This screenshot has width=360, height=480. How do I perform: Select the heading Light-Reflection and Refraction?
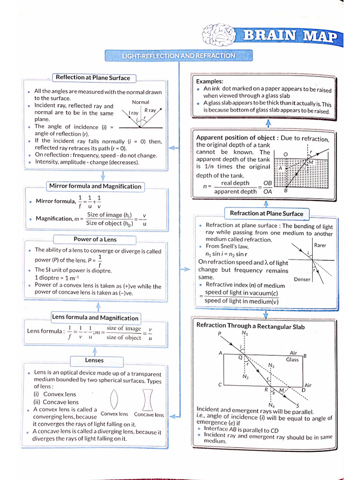point(179,56)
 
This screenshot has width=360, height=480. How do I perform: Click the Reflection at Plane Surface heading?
point(92,78)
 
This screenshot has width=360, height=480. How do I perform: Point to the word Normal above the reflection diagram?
point(141,102)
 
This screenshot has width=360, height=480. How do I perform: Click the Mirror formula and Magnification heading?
point(95,186)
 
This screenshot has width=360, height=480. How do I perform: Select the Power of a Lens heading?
point(95,240)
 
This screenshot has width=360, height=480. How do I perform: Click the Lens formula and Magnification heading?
point(95,318)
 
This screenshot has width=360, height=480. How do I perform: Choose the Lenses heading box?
point(94,360)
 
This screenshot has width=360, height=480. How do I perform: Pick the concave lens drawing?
point(149,399)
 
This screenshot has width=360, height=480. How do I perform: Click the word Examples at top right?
point(210,82)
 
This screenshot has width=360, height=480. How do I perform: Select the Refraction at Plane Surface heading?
point(267,214)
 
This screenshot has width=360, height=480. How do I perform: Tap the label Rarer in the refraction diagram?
point(320,245)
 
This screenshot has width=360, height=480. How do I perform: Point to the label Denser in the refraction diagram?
point(302,279)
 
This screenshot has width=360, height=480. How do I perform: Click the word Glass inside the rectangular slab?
point(292,360)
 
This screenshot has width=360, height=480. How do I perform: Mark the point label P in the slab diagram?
point(219,334)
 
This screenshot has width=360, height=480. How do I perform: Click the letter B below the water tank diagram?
point(286,190)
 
